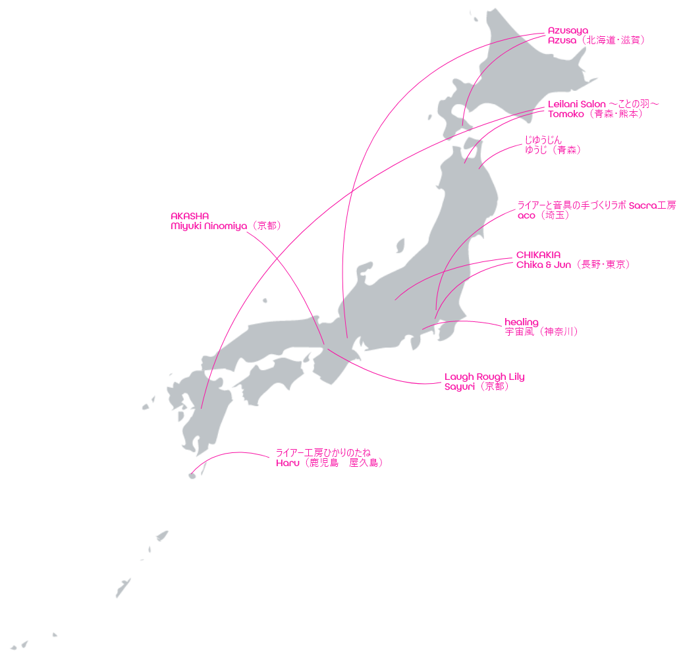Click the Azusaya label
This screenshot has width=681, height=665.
568,31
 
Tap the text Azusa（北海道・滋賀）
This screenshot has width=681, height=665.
596,40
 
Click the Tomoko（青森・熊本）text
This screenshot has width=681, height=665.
595,114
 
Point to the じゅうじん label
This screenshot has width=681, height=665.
543,140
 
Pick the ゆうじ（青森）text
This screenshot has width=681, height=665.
553,150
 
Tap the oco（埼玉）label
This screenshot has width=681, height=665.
543,215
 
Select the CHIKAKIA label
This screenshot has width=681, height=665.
538,255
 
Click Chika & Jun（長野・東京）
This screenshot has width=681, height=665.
573,265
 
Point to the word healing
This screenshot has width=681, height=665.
522,322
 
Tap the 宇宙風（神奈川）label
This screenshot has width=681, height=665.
541,332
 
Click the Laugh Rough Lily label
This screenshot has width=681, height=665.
484,377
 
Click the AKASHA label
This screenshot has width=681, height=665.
190,216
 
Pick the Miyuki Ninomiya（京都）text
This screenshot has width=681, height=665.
226,226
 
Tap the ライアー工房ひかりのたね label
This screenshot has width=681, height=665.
323,453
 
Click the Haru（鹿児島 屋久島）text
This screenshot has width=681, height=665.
329,463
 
